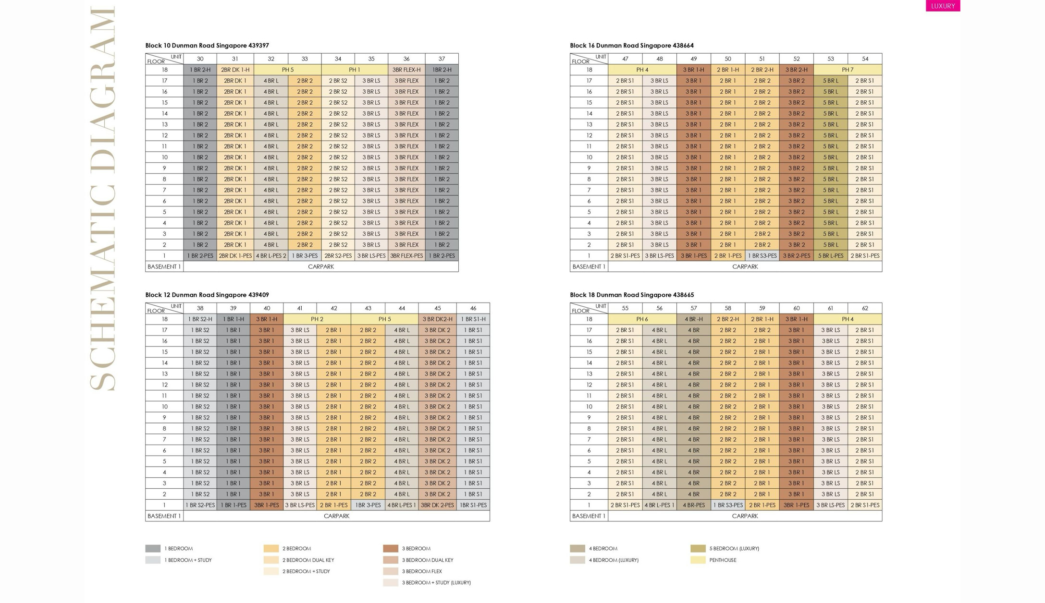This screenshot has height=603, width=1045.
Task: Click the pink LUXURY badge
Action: pyautogui.click(x=943, y=6)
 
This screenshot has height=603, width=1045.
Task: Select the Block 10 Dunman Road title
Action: pyautogui.click(x=207, y=46)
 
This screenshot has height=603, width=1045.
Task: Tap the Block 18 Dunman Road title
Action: pyautogui.click(x=632, y=295)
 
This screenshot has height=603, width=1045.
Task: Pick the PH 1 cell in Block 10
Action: pyautogui.click(x=355, y=70)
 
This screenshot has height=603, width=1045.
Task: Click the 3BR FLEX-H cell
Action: pyautogui.click(x=406, y=70)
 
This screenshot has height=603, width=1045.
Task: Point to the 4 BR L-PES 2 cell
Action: pyautogui.click(x=271, y=256)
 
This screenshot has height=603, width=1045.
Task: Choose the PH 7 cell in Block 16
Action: pyautogui.click(x=848, y=70)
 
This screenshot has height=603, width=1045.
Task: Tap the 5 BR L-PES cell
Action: pyautogui.click(x=831, y=256)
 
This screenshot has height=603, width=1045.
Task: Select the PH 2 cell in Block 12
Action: pyautogui.click(x=317, y=319)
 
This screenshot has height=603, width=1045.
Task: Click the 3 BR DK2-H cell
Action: pyautogui.click(x=437, y=319)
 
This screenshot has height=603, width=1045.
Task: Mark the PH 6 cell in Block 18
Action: pyautogui.click(x=642, y=319)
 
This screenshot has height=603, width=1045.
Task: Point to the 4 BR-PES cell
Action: pyautogui.click(x=693, y=505)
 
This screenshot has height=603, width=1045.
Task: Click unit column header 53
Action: pyautogui.click(x=831, y=59)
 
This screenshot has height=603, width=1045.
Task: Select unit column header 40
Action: pyautogui.click(x=267, y=308)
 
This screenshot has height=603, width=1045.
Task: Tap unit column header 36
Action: pyautogui.click(x=406, y=59)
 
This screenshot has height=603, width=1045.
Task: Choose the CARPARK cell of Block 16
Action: pyautogui.click(x=745, y=267)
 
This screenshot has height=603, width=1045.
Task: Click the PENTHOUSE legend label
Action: pyautogui.click(x=723, y=560)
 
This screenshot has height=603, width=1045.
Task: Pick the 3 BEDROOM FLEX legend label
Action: pyautogui.click(x=422, y=571)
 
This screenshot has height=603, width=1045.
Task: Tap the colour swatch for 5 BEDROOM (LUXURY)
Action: pyautogui.click(x=698, y=548)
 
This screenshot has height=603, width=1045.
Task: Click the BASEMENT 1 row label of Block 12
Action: pyautogui.click(x=164, y=516)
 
